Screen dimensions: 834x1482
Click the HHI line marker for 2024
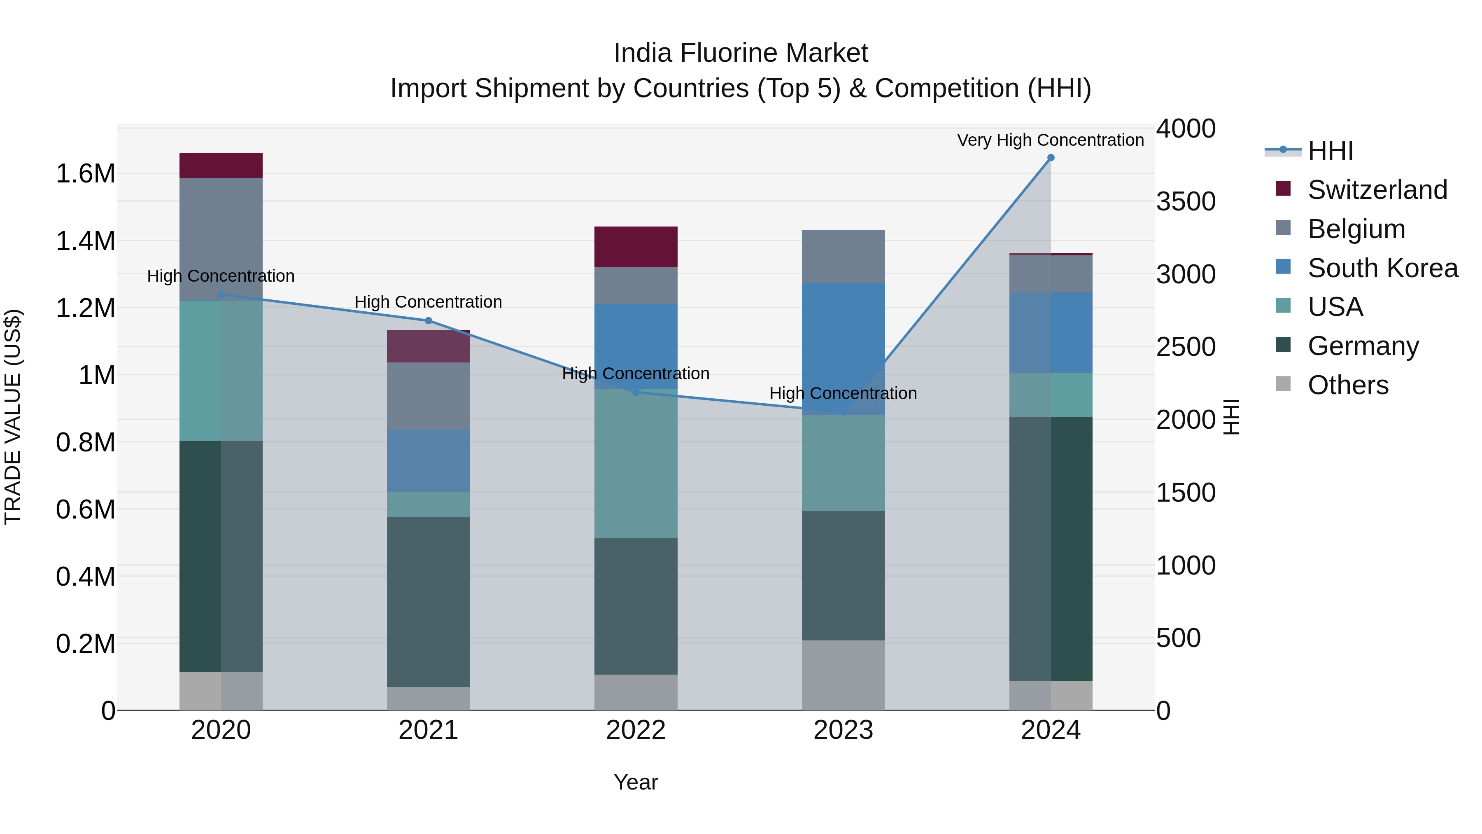1051,158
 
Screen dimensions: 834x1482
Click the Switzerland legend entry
1377,190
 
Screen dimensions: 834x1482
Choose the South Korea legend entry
1382,268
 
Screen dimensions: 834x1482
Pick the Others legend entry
1348,385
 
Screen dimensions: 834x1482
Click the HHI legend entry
1330,151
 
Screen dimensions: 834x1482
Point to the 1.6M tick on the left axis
86,174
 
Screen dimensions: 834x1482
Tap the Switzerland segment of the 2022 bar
636,247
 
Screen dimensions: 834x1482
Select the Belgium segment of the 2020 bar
221,239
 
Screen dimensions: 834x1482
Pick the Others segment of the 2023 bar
844,675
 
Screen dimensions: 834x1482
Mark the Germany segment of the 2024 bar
1051,549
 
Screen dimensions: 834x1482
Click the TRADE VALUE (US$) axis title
13,417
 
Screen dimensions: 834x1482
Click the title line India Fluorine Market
741,53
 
